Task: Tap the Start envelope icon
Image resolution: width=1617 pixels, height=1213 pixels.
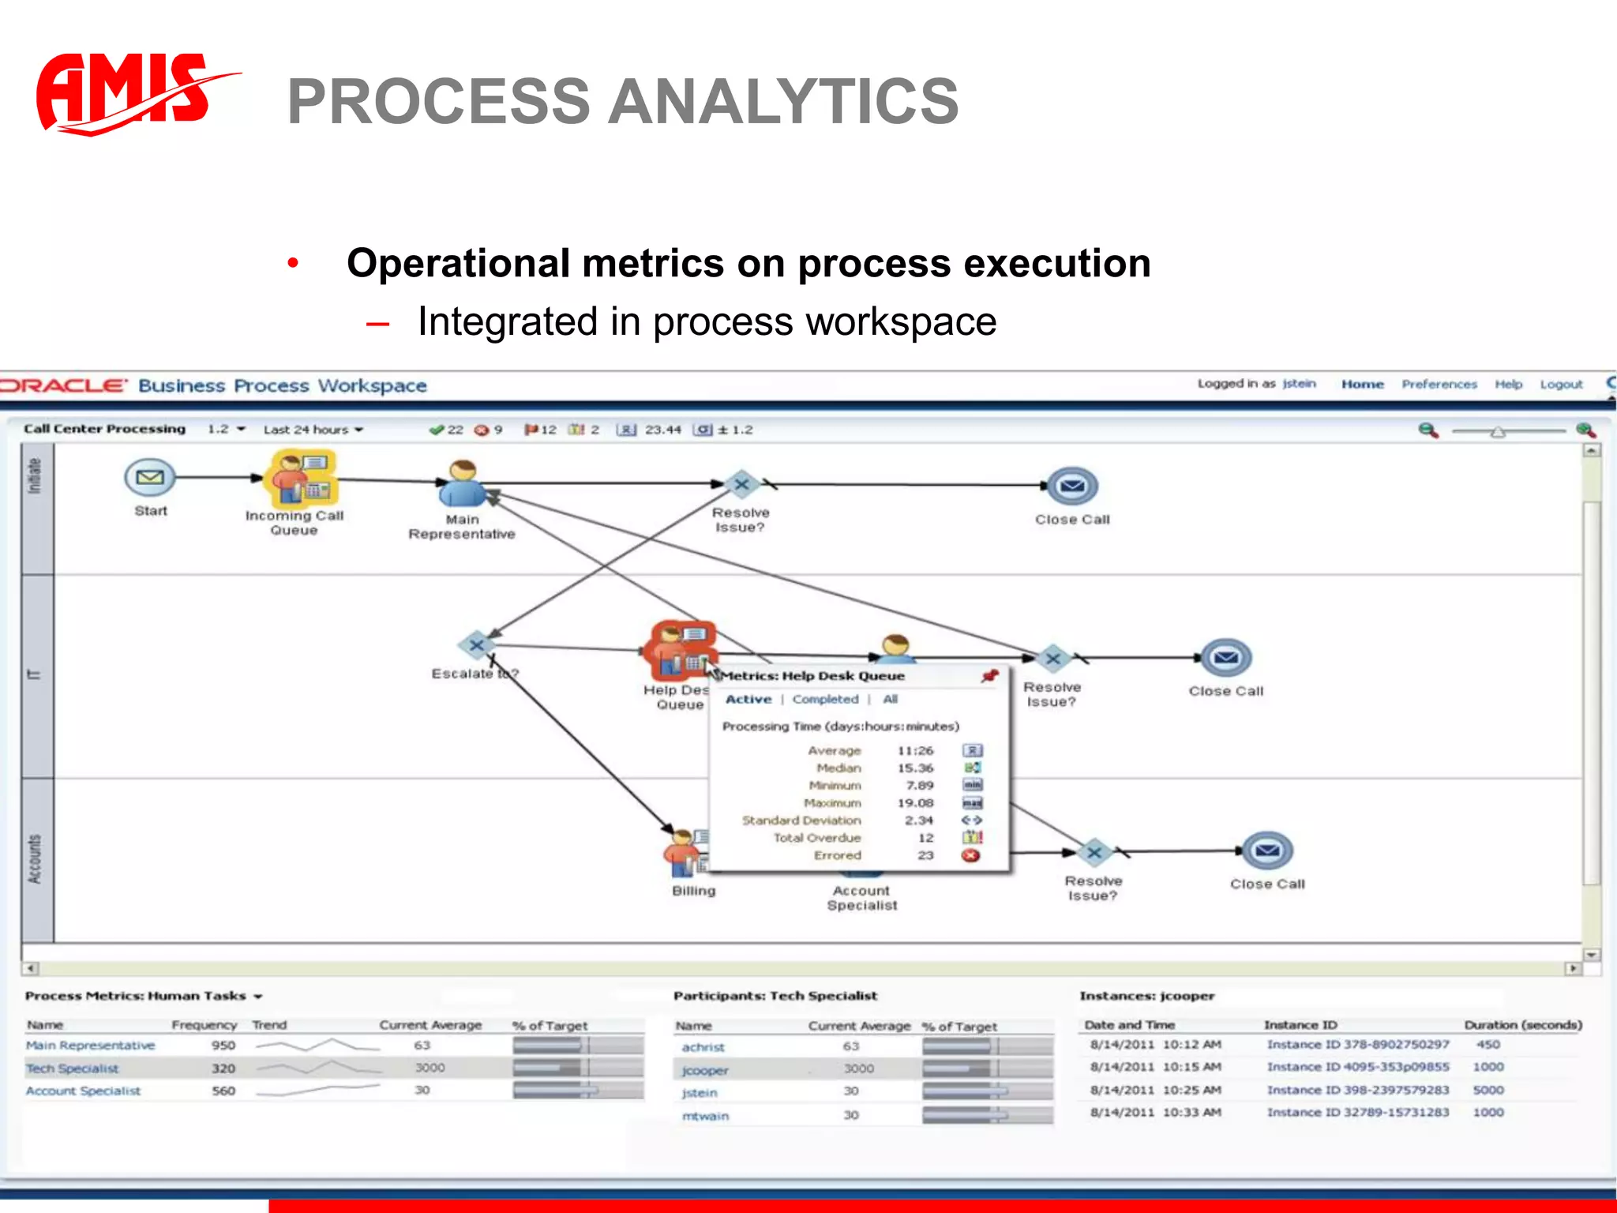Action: point(150,477)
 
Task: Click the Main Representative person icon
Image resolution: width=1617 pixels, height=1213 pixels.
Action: point(462,483)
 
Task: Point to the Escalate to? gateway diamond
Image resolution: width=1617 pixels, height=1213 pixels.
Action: point(476,645)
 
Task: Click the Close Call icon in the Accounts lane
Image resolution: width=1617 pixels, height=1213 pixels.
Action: point(1267,851)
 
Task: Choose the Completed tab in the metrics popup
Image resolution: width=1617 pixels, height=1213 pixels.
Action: point(825,699)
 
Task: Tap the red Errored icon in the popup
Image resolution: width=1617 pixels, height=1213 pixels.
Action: point(971,855)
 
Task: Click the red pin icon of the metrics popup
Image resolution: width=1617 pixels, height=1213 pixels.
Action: point(989,675)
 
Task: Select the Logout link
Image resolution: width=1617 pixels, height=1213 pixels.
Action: point(1561,385)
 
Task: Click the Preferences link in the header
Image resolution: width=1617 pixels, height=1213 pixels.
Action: point(1439,385)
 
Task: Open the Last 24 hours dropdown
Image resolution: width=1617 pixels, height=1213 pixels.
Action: point(313,430)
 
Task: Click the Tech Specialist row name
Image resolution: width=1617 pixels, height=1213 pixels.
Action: point(72,1068)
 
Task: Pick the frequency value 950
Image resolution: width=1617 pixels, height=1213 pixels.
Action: point(223,1046)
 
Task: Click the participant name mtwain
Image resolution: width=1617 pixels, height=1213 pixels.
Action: point(705,1116)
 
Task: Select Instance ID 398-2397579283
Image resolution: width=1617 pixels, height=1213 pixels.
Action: point(1357,1090)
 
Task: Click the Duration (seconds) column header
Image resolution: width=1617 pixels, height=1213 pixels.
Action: point(1522,1025)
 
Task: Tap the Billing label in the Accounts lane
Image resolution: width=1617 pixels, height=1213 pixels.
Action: point(693,891)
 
